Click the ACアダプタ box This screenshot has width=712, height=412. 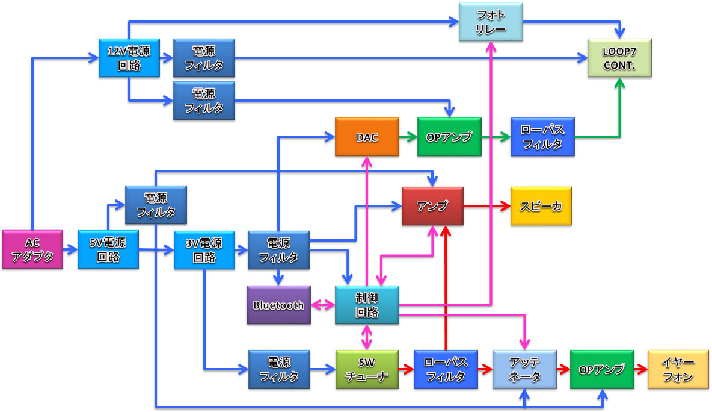pos(32,249)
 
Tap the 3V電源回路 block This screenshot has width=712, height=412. pos(204,249)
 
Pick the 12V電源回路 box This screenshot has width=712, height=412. pos(129,57)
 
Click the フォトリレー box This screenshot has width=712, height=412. pos(491,22)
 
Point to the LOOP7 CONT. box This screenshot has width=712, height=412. pos(619,57)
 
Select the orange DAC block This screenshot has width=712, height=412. pos(367,137)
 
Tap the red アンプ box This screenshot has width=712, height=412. pos(432,205)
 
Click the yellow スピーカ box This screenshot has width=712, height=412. pos(541,205)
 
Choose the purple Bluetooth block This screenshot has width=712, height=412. pos(278,305)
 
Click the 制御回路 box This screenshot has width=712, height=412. pos(367,305)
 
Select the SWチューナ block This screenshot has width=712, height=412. pos(367,369)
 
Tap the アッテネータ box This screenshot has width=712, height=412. pos(524,369)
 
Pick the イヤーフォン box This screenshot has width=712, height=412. pos(678,369)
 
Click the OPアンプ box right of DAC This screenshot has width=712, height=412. pos(449,137)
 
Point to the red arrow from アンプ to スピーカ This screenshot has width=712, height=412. pos(486,205)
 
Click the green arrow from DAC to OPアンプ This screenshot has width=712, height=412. pos(407,137)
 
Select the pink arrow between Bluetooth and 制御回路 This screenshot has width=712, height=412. pos(323,305)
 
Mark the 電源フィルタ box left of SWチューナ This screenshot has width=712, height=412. pos(278,369)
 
